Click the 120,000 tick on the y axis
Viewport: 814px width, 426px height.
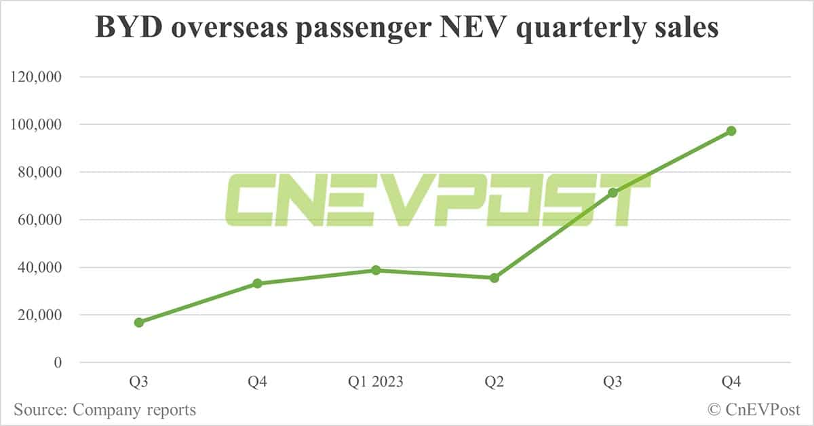click(x=37, y=77)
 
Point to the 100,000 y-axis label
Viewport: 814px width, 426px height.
click(x=37, y=125)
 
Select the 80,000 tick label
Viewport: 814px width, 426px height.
click(x=41, y=172)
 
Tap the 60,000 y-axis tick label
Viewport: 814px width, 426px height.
click(x=41, y=220)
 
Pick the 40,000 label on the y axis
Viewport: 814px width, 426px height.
click(x=41, y=267)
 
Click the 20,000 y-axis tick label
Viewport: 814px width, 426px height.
click(x=41, y=315)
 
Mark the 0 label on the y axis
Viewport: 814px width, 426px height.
click(x=57, y=362)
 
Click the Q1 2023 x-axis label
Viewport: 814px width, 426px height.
click(x=376, y=383)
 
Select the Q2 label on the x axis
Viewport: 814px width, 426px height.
click(x=495, y=383)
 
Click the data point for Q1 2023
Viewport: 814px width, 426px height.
click(x=376, y=270)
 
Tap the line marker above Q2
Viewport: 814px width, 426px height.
click(x=495, y=277)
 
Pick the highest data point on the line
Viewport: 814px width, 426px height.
click(x=731, y=131)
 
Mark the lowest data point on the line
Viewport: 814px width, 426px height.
click(x=139, y=322)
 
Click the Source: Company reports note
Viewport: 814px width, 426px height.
click(x=104, y=410)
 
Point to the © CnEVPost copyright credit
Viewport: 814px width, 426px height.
click(x=753, y=410)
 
